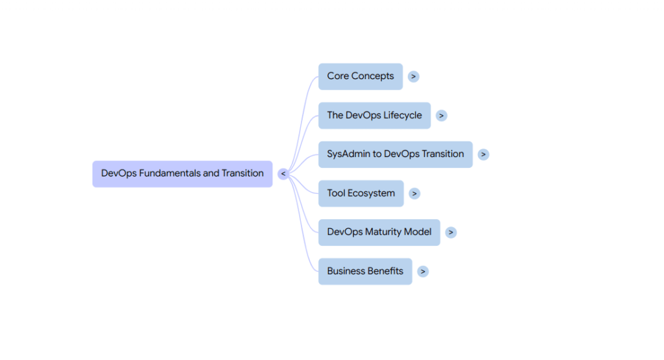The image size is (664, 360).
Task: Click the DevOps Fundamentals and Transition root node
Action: pos(182,174)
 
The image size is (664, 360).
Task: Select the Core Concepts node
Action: pos(360,77)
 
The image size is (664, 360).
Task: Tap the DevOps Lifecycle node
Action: pos(374,115)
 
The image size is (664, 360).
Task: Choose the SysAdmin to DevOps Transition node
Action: pos(395,154)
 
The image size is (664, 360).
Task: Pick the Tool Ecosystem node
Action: pos(361,193)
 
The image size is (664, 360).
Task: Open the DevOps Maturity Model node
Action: pos(379,232)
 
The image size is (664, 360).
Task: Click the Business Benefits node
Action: pos(364,271)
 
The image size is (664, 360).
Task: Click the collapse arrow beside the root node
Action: pos(283,174)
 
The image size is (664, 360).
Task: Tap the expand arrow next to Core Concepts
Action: pos(414,77)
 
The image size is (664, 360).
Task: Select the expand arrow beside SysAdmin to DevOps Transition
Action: pos(484,154)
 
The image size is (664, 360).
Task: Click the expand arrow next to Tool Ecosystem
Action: pos(414,193)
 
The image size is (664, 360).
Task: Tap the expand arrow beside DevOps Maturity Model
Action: pos(451,232)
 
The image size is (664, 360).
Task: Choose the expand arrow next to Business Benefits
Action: pos(423,271)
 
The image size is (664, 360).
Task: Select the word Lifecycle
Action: pos(402,115)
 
